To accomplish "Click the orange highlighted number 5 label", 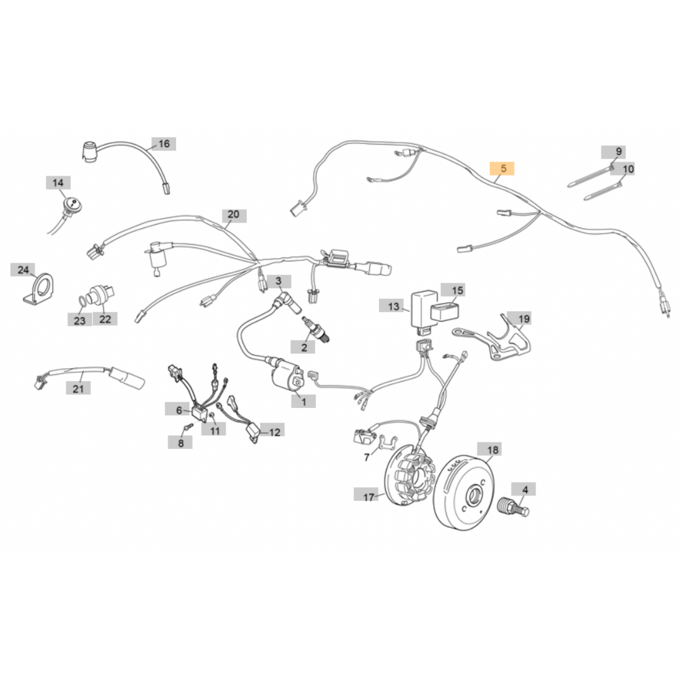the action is tap(502, 169).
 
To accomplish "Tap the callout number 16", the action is tap(164, 144).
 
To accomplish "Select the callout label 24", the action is tap(23, 270).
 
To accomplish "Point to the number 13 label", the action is tap(393, 306).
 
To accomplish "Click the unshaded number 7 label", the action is tap(367, 457).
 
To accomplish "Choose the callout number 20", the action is tap(234, 215).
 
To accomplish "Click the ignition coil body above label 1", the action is tap(287, 375).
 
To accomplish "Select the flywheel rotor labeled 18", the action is tap(465, 492).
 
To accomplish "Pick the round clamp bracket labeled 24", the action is tap(39, 289).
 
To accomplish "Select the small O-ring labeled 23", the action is tap(81, 301).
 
